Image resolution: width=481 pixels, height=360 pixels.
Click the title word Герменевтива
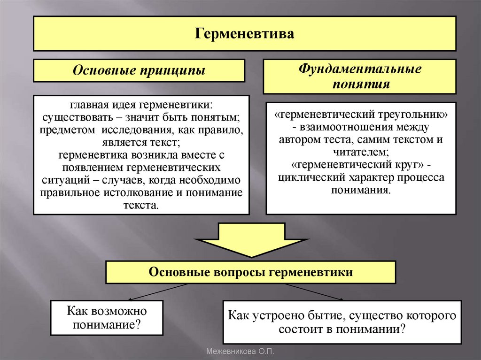(x=244, y=34)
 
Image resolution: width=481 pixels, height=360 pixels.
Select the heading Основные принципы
(x=139, y=71)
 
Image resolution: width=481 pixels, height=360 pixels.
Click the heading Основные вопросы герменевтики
(x=250, y=272)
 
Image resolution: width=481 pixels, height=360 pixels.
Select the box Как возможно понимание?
(x=107, y=318)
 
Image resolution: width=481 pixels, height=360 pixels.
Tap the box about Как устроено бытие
(x=342, y=322)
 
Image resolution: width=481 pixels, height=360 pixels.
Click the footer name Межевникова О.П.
(x=240, y=351)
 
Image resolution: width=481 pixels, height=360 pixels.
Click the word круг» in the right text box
(x=405, y=165)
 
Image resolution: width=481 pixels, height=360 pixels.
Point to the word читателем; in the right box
(x=361, y=153)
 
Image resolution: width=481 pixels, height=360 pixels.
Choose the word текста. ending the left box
(x=141, y=206)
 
